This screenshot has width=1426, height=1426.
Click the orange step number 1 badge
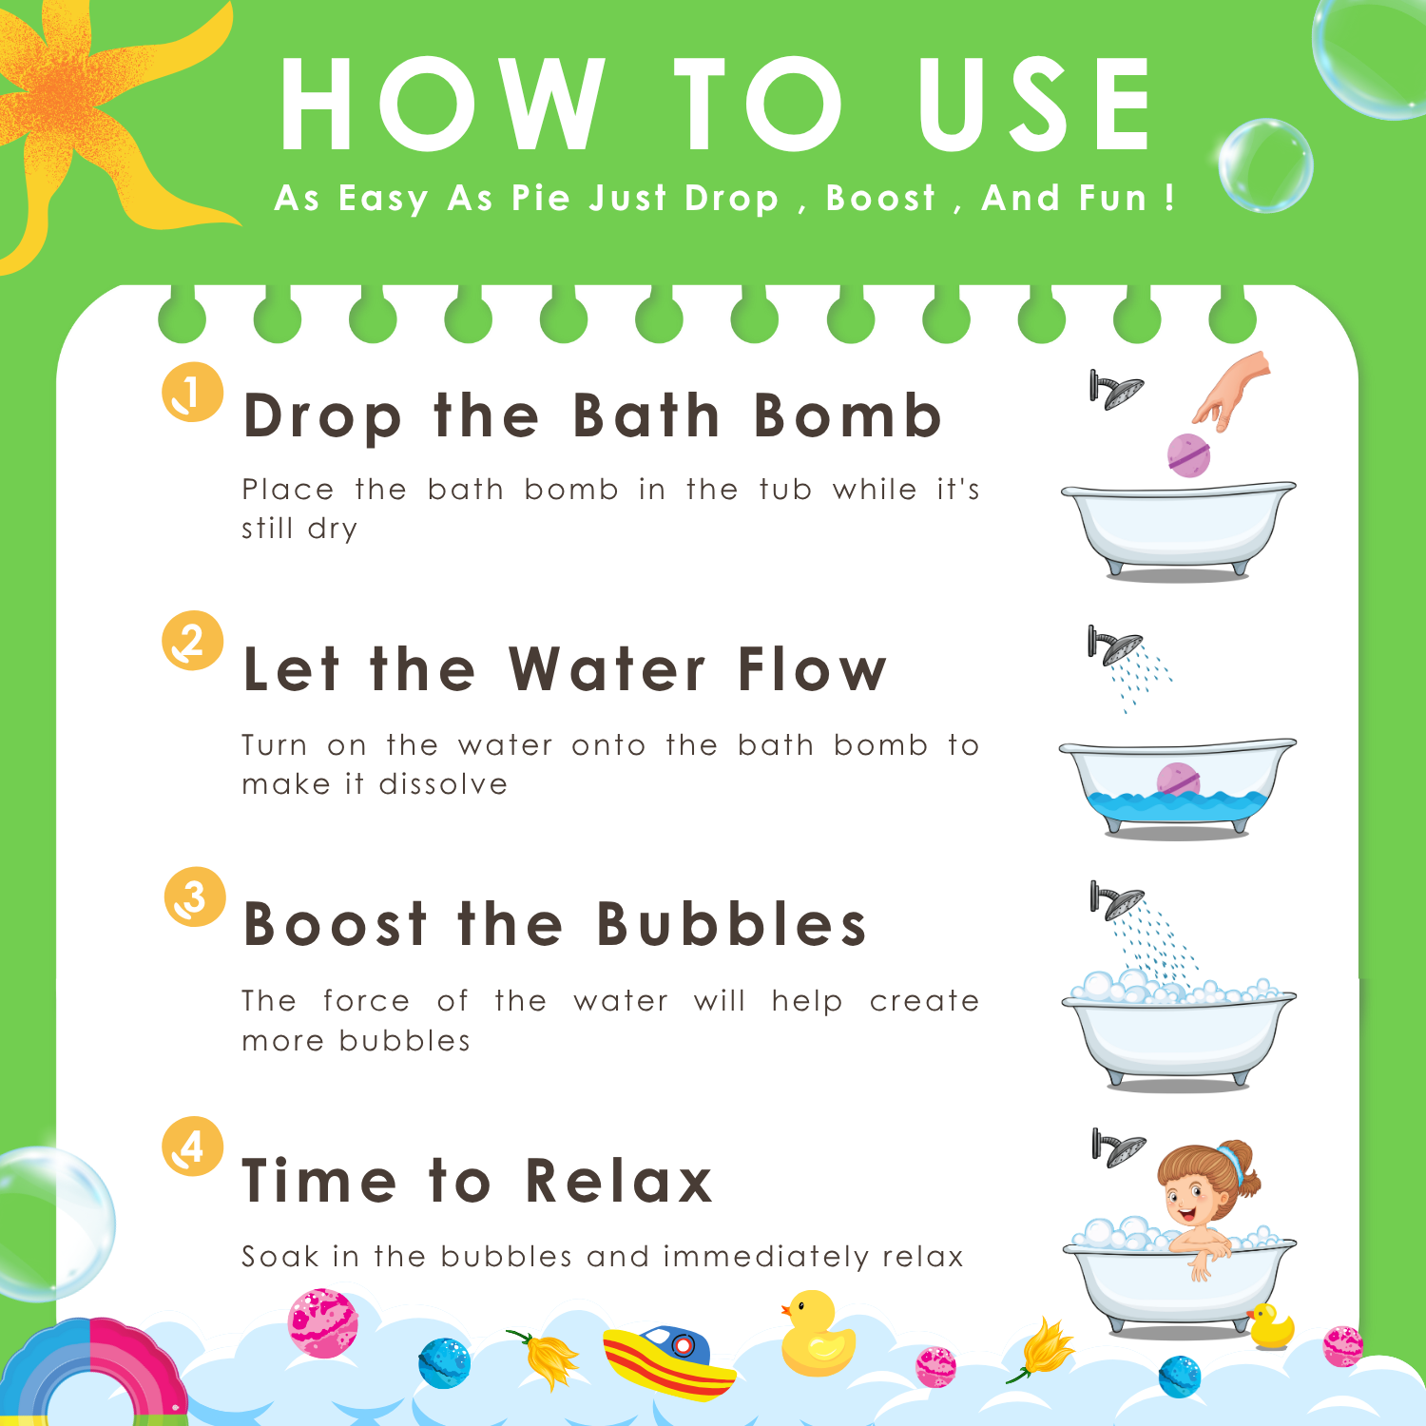click(x=192, y=392)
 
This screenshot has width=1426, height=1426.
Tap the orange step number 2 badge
click(x=192, y=641)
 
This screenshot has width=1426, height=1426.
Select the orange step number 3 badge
click(x=195, y=896)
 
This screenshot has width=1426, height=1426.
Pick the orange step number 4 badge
click(x=192, y=1146)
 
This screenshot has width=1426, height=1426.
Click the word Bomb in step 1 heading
click(x=848, y=415)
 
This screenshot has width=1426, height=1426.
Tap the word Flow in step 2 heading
click(x=812, y=668)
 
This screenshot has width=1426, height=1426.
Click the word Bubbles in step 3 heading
click(x=732, y=923)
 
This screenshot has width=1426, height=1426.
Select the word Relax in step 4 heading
click(x=619, y=1180)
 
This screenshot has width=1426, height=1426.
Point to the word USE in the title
click(x=1034, y=104)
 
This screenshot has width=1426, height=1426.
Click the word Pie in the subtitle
click(x=540, y=198)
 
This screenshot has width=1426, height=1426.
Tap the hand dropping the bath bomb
click(x=1233, y=390)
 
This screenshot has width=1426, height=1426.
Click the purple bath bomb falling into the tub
click(x=1188, y=454)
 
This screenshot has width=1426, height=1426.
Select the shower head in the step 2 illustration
click(x=1115, y=646)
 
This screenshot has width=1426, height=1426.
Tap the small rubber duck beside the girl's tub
click(x=1271, y=1327)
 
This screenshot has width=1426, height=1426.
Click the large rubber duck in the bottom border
click(x=817, y=1334)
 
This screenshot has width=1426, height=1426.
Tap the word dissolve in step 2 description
click(x=443, y=784)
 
